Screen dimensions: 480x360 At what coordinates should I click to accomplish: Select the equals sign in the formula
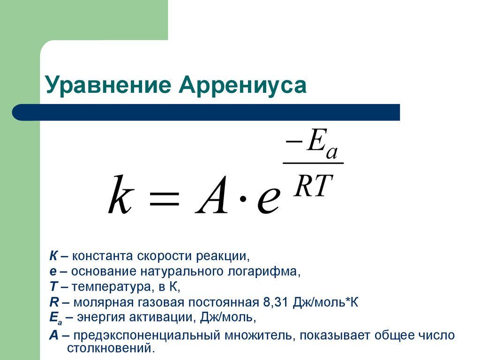click(164, 198)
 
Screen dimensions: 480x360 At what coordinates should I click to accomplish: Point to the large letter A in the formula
click(212, 195)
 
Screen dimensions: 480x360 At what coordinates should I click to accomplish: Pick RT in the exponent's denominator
click(313, 186)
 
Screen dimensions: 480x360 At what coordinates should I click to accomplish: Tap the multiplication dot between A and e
click(242, 199)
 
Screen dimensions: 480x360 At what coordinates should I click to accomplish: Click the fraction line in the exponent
click(313, 163)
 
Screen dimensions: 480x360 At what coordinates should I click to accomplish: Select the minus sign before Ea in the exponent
click(294, 142)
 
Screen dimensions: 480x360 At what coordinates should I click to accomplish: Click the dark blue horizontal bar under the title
click(206, 112)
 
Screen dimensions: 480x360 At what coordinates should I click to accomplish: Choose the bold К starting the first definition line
click(53, 256)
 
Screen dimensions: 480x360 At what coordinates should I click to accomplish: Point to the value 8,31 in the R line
click(276, 302)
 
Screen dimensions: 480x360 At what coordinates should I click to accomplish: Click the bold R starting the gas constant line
click(54, 302)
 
